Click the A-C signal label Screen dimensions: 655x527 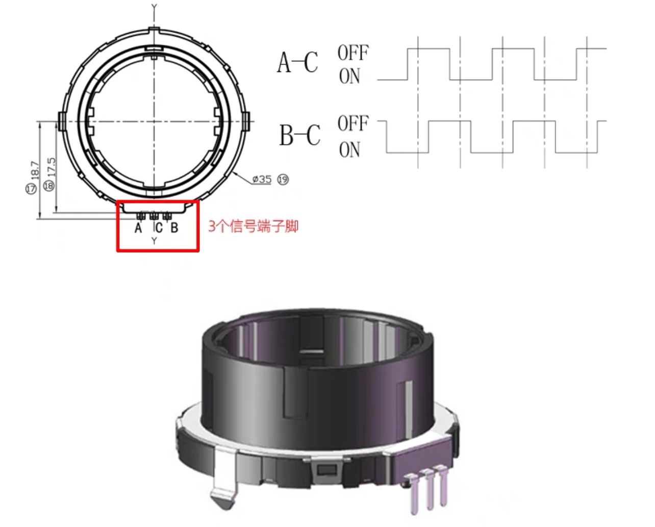click(x=297, y=62)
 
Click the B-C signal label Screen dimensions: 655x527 click(x=300, y=135)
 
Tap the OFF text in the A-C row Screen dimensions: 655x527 click(x=353, y=53)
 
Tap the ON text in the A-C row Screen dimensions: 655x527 click(x=349, y=76)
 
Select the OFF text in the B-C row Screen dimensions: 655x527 click(x=353, y=123)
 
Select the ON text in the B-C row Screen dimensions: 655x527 click(x=349, y=150)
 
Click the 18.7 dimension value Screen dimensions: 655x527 click(x=35, y=171)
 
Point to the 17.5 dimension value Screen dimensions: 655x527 click(x=52, y=167)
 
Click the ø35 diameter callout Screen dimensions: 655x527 click(x=262, y=179)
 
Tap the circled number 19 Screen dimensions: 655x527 click(x=283, y=180)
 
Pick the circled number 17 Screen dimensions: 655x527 click(x=31, y=188)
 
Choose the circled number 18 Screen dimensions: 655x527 click(x=49, y=185)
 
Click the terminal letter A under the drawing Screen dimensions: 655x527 click(x=138, y=228)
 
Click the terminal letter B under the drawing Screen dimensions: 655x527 click(x=174, y=228)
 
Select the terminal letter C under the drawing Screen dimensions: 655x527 click(x=159, y=228)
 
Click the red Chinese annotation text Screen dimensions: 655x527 click(x=253, y=226)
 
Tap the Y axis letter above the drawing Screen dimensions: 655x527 click(x=155, y=7)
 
